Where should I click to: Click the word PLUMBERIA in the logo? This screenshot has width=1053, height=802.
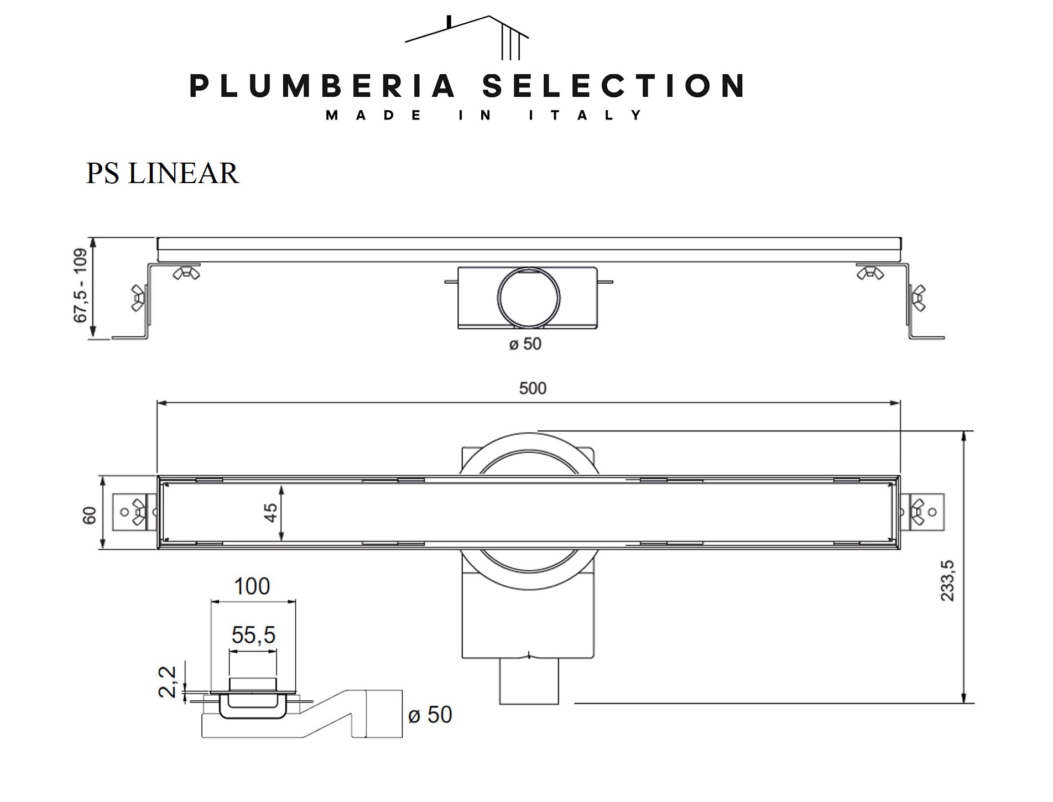pyautogui.click(x=322, y=86)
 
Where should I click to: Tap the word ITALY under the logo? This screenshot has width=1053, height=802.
pyautogui.click(x=586, y=116)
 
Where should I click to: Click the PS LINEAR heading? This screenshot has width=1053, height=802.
pyautogui.click(x=162, y=173)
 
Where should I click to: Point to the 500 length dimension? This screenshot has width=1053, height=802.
pyautogui.click(x=533, y=388)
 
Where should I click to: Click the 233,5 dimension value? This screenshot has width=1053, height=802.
pyautogui.click(x=948, y=580)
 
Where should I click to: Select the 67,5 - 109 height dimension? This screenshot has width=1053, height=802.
pyautogui.click(x=81, y=285)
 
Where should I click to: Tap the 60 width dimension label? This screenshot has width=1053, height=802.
pyautogui.click(x=90, y=515)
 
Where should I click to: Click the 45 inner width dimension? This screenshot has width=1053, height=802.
pyautogui.click(x=270, y=513)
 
